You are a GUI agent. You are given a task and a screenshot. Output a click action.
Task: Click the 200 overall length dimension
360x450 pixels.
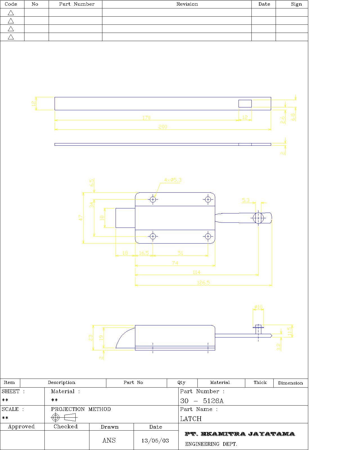tap(163, 127)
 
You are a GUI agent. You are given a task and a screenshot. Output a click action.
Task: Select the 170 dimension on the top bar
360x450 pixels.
tap(147, 118)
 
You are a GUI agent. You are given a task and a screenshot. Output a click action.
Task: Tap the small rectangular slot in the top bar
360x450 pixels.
tap(245, 103)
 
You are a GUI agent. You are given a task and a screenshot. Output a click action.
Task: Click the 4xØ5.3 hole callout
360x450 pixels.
tap(173, 180)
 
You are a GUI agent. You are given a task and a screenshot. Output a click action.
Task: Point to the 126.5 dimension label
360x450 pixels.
tap(203, 282)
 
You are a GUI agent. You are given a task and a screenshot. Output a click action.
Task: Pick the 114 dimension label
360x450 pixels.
tap(196, 272)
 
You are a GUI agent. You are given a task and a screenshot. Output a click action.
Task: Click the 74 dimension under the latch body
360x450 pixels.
tap(175, 263)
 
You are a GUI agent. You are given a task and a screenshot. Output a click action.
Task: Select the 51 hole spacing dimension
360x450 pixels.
tap(180, 253)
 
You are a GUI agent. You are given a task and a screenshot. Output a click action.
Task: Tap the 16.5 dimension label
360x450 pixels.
tap(144, 253)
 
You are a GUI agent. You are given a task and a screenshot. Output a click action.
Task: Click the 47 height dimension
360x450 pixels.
tap(81, 218)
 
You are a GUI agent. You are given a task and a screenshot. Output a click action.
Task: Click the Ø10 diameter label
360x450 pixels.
tap(258, 307)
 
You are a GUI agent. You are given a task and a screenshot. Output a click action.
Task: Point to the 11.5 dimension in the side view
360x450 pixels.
tap(289, 331)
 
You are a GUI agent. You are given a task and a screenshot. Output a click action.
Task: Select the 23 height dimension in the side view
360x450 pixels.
tap(91, 337)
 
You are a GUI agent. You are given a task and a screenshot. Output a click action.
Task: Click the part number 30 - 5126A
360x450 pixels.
tap(202, 401)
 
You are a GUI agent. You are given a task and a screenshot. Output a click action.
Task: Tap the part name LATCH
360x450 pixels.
tap(191, 419)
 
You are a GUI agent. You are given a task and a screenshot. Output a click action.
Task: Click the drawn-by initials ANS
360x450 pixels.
tap(109, 440)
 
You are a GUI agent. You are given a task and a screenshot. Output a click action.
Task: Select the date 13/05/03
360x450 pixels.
tap(155, 441)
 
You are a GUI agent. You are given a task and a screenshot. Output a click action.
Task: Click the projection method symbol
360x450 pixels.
tap(64, 417)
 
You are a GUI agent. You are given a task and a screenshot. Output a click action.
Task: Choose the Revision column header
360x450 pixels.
tap(187, 4)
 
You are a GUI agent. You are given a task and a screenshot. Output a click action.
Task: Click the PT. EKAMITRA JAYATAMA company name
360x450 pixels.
tap(240, 434)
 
